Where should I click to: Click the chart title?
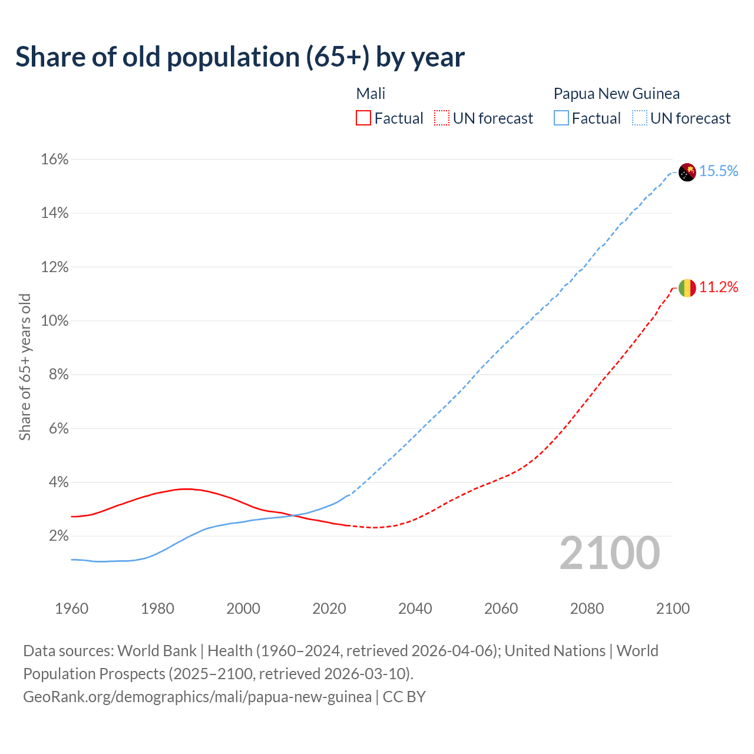tap(240, 57)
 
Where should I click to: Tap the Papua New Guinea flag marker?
tap(687, 172)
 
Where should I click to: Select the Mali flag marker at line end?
tap(687, 288)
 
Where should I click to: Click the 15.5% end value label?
tap(719, 171)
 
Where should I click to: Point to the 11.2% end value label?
tap(719, 287)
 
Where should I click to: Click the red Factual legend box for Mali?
tap(363, 118)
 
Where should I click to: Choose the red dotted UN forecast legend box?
tap(442, 118)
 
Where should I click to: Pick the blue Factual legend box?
tap(561, 118)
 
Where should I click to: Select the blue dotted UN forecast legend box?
tap(639, 118)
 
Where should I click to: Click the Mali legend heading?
tap(371, 94)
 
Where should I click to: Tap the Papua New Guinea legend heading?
tap(616, 94)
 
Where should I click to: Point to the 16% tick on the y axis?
tap(55, 160)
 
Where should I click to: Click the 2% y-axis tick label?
tap(58, 536)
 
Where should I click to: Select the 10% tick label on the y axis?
tap(55, 321)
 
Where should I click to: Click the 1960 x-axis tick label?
tap(71, 609)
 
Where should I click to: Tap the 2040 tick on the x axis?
tap(415, 609)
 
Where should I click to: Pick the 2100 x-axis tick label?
tap(673, 609)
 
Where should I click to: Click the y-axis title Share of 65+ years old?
tap(25, 367)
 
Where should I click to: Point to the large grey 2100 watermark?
tap(610, 553)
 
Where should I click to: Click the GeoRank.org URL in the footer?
tap(197, 697)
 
